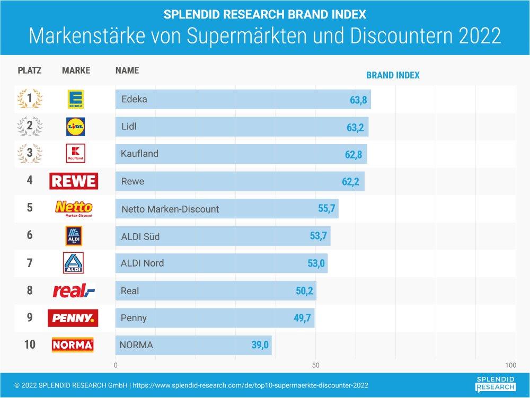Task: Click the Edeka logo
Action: coord(75,99)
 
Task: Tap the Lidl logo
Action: coord(75,127)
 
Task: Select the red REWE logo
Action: coord(74,181)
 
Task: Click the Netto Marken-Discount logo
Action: coord(74,209)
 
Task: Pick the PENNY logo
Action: coord(73,318)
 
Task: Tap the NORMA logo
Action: coord(73,345)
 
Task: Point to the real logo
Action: coord(74,290)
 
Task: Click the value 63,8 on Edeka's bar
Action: coord(358,100)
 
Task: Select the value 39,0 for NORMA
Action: coord(260,346)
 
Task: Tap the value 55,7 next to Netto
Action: coord(326,209)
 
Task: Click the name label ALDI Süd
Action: coord(140,236)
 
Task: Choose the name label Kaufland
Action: coord(140,154)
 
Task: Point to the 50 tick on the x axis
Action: coord(315,366)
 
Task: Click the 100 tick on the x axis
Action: coord(510,366)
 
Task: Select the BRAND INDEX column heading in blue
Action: coord(393,75)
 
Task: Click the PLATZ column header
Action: coord(30,70)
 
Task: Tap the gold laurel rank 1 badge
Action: coord(30,99)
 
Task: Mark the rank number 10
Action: coord(30,345)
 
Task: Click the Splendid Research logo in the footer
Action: coord(495,384)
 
